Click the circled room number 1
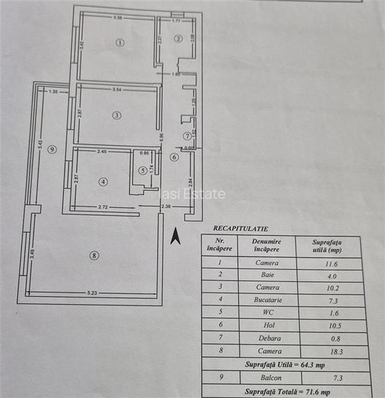point(119,43)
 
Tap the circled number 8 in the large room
point(95,255)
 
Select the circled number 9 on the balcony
point(52,148)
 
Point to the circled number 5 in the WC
point(143,170)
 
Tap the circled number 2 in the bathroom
point(179,39)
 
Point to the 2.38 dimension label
point(166,206)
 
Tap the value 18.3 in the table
point(326,351)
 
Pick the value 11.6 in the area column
point(326,262)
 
